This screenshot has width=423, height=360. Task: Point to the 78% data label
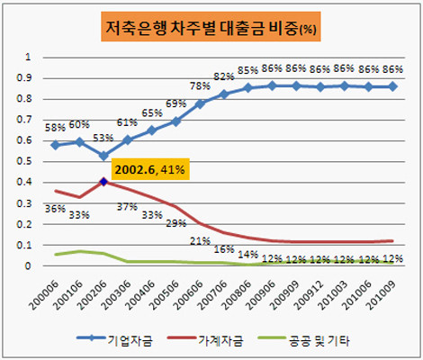(x=201, y=86)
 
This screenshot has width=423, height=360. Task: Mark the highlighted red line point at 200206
(x=104, y=181)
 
